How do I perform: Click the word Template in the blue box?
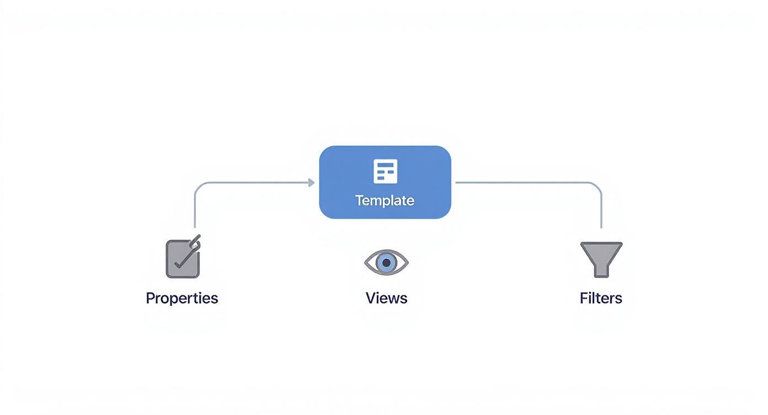385,200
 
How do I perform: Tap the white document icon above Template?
385,171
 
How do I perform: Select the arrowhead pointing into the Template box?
311,183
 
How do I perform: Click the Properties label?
182,298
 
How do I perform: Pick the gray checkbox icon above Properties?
182,259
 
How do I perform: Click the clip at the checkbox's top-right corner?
195,242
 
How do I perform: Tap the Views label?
386,298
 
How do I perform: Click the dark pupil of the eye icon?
386,262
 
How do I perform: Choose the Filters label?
601,298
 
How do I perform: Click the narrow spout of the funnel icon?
601,270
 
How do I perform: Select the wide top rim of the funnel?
601,244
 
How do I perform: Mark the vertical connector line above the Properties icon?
195,212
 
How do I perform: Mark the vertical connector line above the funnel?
601,212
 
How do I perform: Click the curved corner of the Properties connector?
198,186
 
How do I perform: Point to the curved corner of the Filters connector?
598,186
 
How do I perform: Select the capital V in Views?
370,298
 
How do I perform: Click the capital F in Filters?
584,298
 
